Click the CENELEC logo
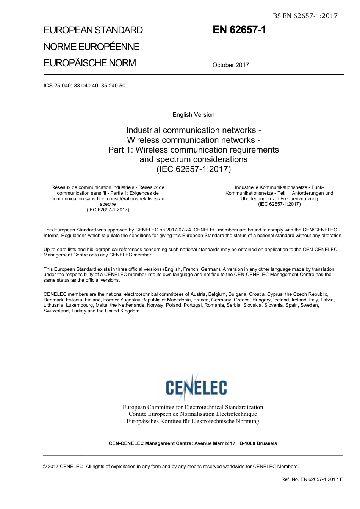click(196, 387)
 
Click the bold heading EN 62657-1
click(239, 30)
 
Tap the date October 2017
click(230, 65)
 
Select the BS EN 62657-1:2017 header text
click(305, 16)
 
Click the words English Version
click(193, 115)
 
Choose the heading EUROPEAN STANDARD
click(93, 30)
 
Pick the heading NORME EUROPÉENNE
click(91, 47)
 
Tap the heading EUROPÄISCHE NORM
click(89, 63)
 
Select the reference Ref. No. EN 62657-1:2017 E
click(312, 479)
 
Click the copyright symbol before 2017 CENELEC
click(45, 467)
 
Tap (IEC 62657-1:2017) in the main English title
click(193, 169)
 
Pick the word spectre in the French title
click(108, 204)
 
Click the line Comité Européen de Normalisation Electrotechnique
click(193, 414)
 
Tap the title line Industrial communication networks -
click(193, 130)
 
